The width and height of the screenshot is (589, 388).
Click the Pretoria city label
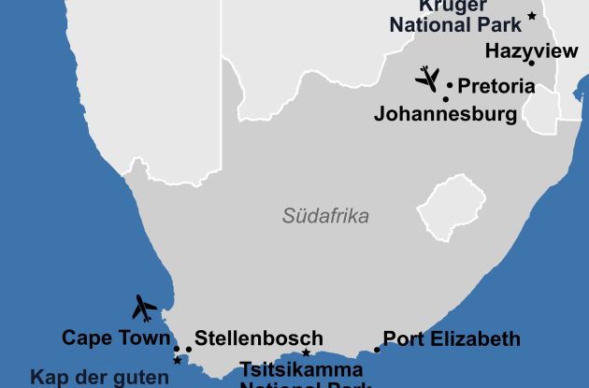(x=496, y=86)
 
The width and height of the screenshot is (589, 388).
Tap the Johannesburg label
(x=445, y=114)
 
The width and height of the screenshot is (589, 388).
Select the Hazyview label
(x=532, y=51)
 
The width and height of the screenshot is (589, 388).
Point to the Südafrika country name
(x=325, y=216)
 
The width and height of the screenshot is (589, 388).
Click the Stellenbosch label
(x=259, y=338)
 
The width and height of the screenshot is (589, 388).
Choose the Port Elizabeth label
(x=452, y=338)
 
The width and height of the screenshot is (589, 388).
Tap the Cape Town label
(x=116, y=338)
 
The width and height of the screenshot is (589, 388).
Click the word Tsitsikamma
(x=302, y=369)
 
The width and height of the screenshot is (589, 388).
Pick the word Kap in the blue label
(x=50, y=378)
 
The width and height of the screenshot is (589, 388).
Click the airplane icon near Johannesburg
(x=427, y=78)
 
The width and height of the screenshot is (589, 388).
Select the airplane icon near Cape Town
(x=144, y=307)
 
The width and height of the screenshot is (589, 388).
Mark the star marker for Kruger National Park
(x=531, y=16)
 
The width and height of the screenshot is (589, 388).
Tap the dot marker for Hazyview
(x=531, y=63)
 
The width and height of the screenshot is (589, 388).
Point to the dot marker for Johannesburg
(x=445, y=99)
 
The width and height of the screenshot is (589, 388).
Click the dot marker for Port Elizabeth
(x=377, y=350)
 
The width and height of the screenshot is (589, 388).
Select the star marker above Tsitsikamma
(x=306, y=352)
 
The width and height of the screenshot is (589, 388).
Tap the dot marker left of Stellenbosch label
(x=188, y=350)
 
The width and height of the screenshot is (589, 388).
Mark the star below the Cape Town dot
(x=177, y=360)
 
